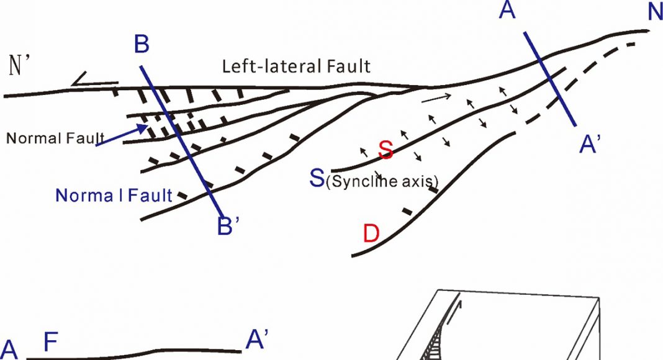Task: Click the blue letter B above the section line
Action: tap(142, 44)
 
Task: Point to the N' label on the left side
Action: tap(17, 66)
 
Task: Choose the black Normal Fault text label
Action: tap(55, 138)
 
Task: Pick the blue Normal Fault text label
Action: tap(114, 196)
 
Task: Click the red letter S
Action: tap(386, 149)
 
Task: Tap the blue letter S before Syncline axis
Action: tap(317, 178)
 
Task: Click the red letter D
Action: tap(371, 233)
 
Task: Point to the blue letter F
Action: tap(50, 342)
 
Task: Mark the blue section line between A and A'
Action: tap(549, 79)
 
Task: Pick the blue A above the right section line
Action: tap(507, 10)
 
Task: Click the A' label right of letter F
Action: tap(256, 340)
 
